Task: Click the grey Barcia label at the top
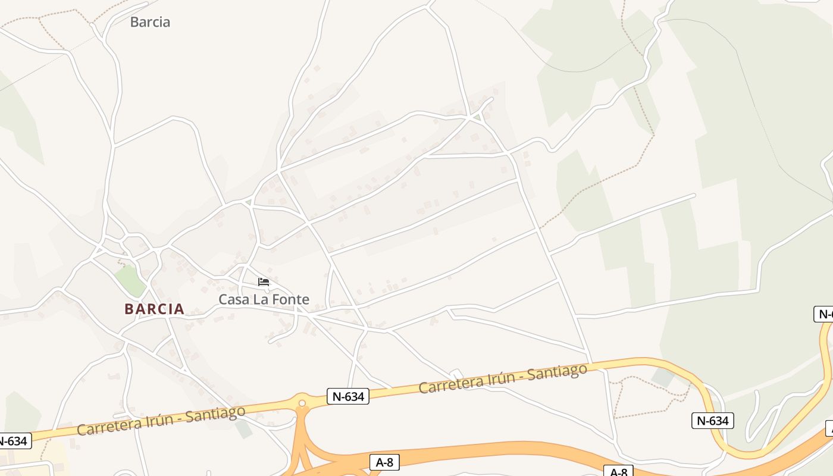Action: click(150, 22)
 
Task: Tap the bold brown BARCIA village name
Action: click(154, 309)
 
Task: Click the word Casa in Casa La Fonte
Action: click(234, 299)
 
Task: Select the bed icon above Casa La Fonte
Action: click(264, 281)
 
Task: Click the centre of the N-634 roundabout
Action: click(302, 403)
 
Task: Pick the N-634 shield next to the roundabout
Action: click(348, 396)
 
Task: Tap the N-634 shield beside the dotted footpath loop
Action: click(712, 421)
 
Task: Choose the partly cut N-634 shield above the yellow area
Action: click(13, 441)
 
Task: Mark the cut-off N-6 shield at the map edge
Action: click(823, 314)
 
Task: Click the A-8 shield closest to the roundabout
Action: click(384, 462)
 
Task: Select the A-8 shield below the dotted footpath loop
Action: click(618, 472)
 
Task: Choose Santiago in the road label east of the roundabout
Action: click(556, 372)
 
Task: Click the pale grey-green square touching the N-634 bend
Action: click(663, 377)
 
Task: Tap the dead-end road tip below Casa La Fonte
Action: click(270, 342)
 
